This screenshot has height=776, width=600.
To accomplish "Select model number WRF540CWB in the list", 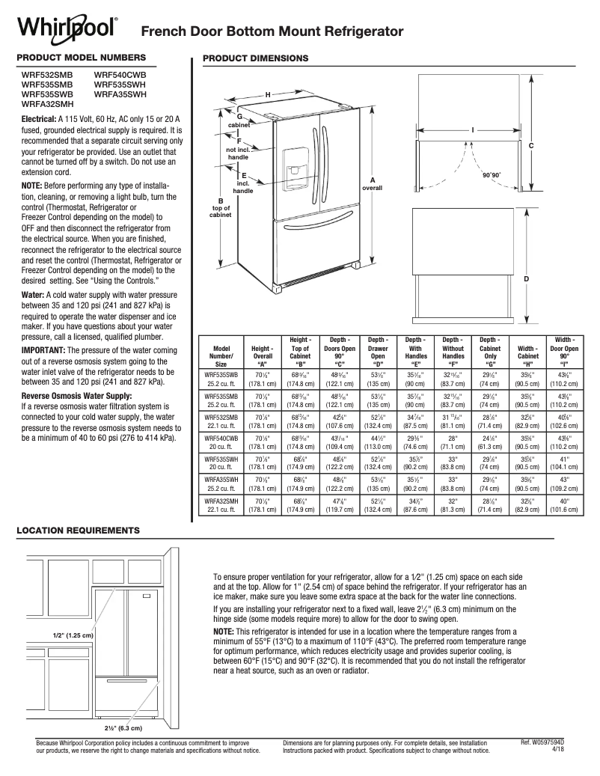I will click(120, 76).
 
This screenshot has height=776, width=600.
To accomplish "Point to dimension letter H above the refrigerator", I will click(267, 94).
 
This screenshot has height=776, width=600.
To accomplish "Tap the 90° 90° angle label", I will click(491, 174).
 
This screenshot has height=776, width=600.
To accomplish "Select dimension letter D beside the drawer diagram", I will click(527, 279).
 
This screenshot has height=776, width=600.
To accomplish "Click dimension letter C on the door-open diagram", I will click(530, 144).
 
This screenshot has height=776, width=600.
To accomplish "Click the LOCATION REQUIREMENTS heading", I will click(77, 529).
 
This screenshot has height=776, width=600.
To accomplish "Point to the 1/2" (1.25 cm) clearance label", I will click(72, 635).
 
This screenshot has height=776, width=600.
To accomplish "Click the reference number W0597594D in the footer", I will click(548, 742).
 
